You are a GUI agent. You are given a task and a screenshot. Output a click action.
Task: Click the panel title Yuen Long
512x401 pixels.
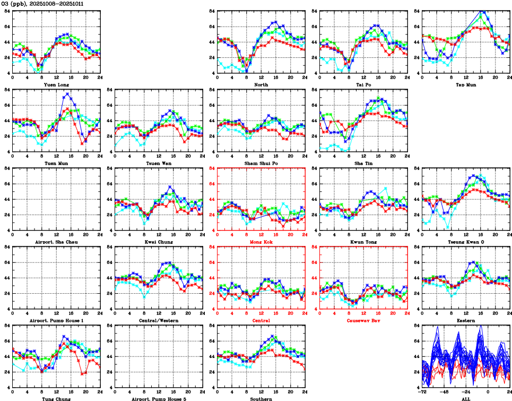point(56,84)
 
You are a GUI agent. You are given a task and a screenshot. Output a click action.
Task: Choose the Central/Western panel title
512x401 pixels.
point(159,320)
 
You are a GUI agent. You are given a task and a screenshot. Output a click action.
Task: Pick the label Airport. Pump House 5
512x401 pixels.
point(159,399)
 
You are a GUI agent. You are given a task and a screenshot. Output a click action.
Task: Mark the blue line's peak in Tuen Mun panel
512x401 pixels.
point(67,94)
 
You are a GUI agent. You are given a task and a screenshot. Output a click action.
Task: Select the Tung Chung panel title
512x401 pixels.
point(56,399)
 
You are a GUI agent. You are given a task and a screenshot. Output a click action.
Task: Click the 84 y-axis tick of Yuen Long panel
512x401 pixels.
point(7,11)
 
